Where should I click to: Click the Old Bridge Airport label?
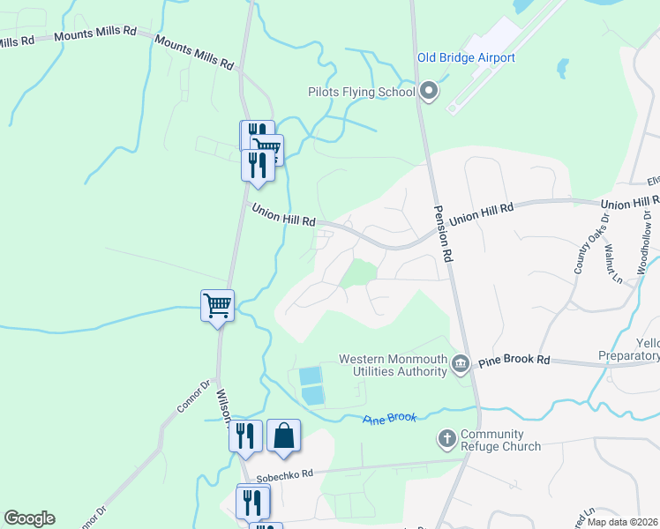[466, 58]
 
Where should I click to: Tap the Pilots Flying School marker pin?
[429, 92]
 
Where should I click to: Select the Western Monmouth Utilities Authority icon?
[460, 364]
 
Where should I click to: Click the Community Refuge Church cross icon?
[446, 438]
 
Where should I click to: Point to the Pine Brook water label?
[389, 417]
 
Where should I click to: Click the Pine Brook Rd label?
[514, 361]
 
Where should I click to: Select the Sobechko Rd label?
[285, 473]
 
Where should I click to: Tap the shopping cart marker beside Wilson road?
[217, 305]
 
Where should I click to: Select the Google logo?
[29, 518]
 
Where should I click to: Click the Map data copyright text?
[621, 522]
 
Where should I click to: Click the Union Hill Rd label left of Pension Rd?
[283, 215]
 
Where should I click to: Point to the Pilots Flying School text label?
[361, 92]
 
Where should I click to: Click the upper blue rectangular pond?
[311, 375]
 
